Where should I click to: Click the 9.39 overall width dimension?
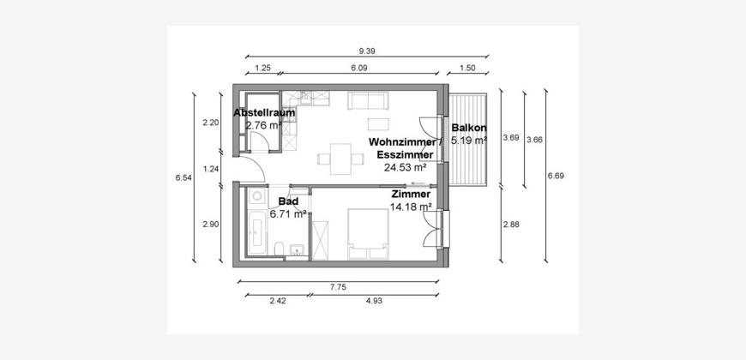pyautogui.click(x=367, y=51)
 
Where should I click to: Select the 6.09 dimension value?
pyautogui.click(x=359, y=68)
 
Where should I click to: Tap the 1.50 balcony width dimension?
pyautogui.click(x=467, y=68)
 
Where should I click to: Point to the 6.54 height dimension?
pyautogui.click(x=183, y=178)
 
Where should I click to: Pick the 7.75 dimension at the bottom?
pyautogui.click(x=338, y=287)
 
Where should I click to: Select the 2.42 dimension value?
pyautogui.click(x=278, y=301)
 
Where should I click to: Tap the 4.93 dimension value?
pyautogui.click(x=375, y=301)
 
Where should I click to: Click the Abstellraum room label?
pyautogui.click(x=264, y=112)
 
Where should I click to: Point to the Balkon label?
pyautogui.click(x=469, y=128)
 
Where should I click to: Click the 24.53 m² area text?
pyautogui.click(x=405, y=167)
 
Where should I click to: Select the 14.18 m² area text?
pyautogui.click(x=411, y=207)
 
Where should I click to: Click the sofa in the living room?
pyautogui.click(x=368, y=100)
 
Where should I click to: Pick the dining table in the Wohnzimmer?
pyautogui.click(x=340, y=159)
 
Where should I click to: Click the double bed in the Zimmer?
pyautogui.click(x=368, y=234)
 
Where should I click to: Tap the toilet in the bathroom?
pyautogui.click(x=280, y=249)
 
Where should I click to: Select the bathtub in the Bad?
pyautogui.click(x=257, y=233)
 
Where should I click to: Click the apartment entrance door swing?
pyautogui.click(x=253, y=167)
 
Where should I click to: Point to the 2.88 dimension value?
pyautogui.click(x=511, y=225)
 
